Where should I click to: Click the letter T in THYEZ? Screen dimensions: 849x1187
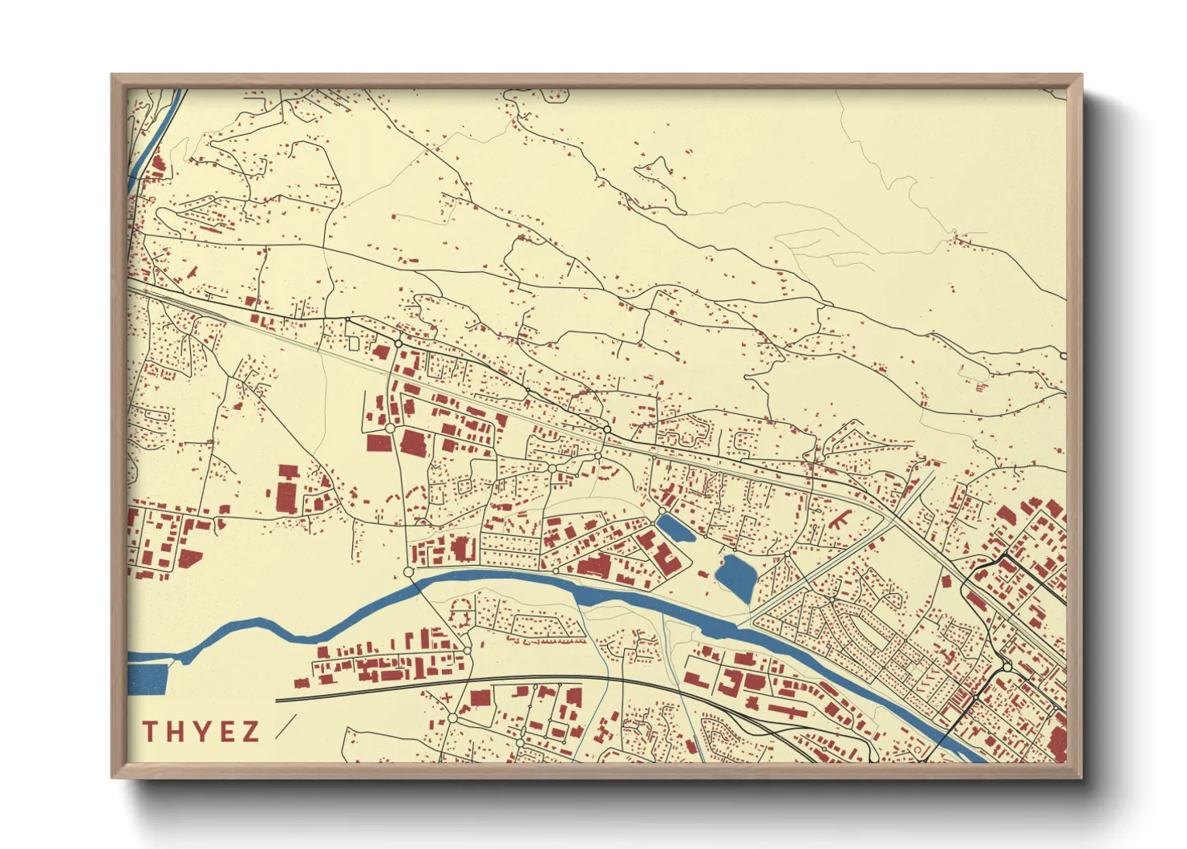[150, 731]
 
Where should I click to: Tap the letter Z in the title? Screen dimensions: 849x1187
[251, 731]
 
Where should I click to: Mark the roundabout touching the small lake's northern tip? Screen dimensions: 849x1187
[662, 511]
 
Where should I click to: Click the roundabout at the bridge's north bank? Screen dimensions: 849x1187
[408, 572]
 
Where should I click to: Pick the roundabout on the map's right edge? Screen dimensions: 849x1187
[1063, 355]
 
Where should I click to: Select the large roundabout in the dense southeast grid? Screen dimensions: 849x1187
[1007, 666]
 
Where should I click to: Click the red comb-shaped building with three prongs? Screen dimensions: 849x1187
[842, 518]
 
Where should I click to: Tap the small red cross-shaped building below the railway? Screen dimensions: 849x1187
[447, 697]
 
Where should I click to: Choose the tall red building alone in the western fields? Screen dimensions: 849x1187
[287, 491]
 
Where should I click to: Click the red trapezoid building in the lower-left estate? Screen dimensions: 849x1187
[190, 559]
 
